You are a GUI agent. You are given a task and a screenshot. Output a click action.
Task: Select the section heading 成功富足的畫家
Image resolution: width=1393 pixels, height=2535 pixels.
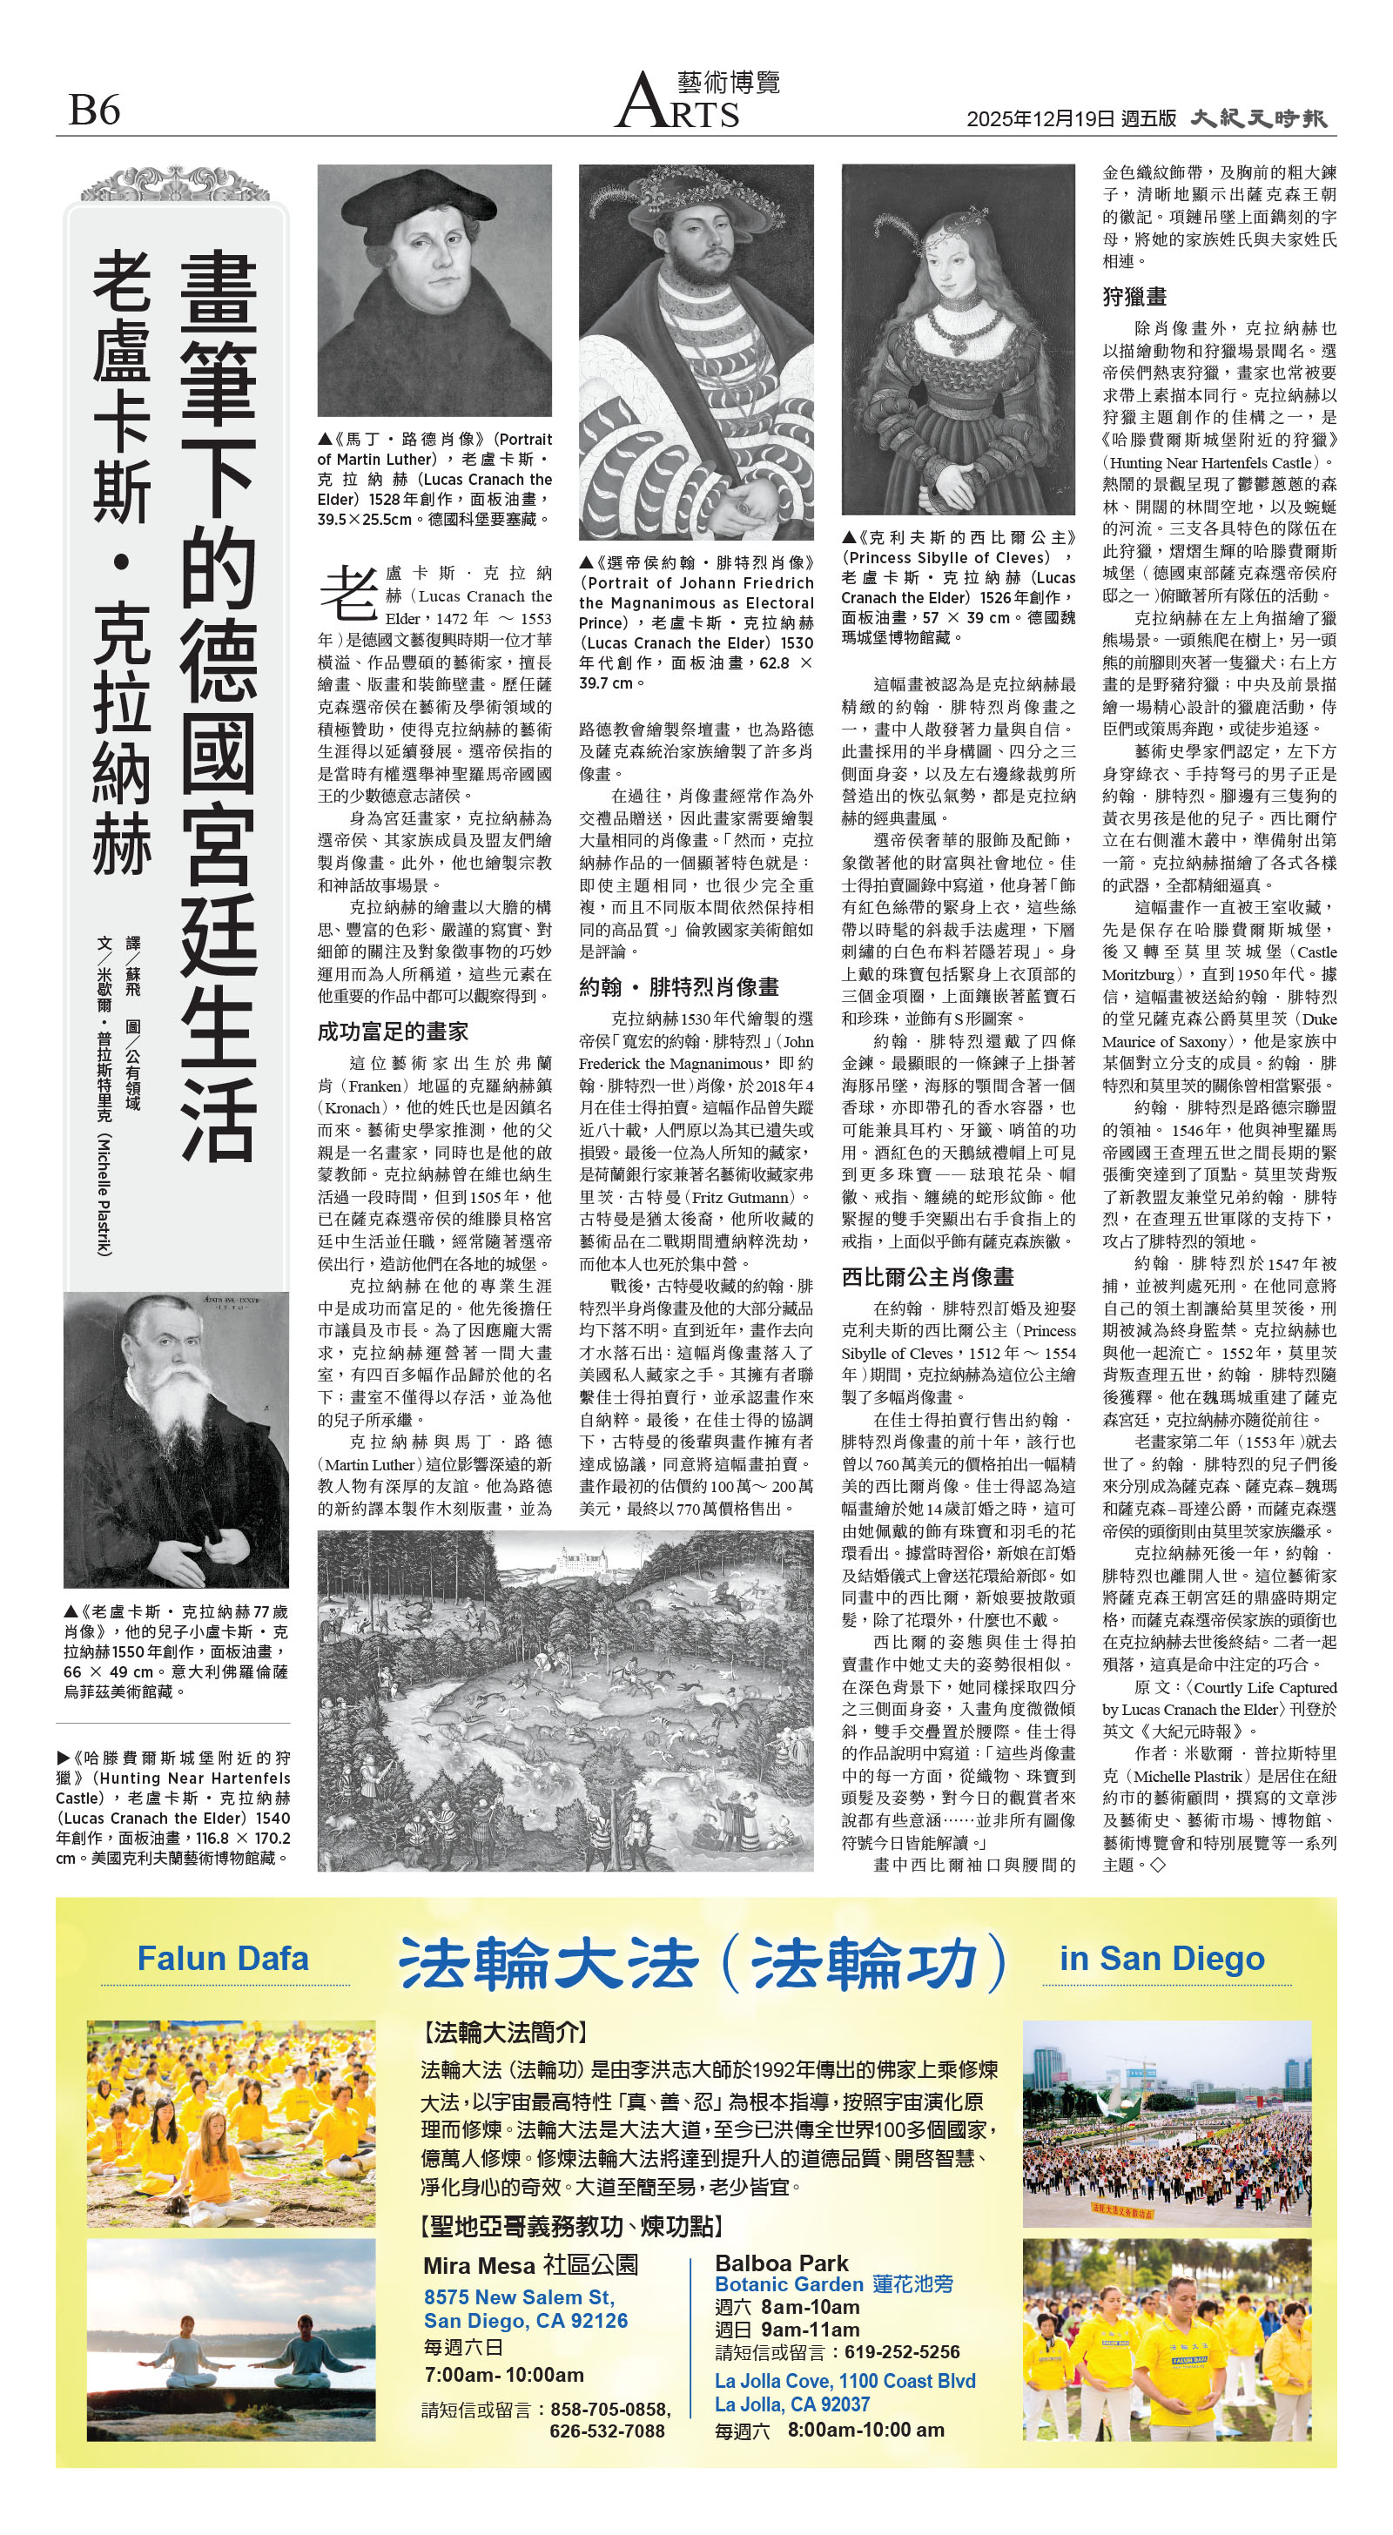[x=392, y=1032]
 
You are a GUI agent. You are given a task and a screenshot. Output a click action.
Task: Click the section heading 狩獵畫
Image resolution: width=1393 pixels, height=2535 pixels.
[x=1134, y=296]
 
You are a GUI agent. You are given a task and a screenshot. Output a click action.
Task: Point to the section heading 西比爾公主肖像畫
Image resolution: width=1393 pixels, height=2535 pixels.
[x=927, y=1277]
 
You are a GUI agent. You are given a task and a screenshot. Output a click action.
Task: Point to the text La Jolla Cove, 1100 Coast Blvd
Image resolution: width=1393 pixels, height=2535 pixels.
[x=845, y=2381]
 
